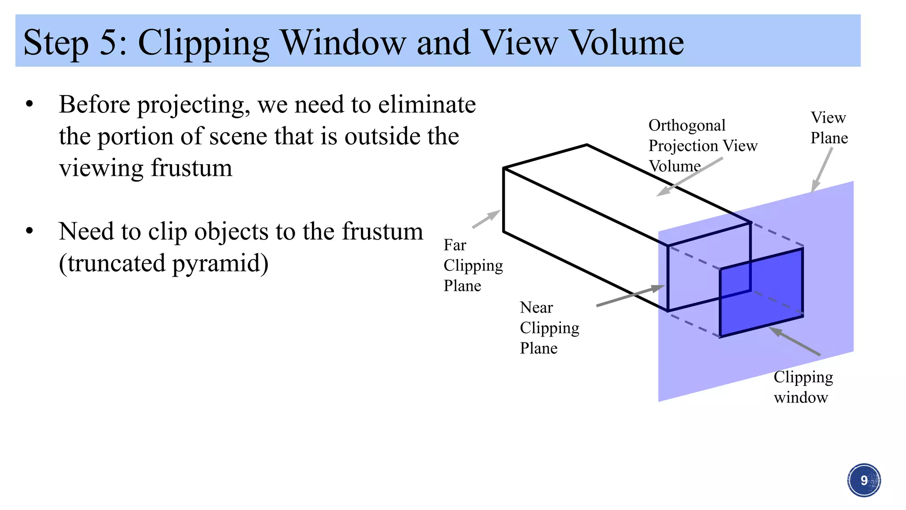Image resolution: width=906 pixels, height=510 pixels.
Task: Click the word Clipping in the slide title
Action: (x=203, y=43)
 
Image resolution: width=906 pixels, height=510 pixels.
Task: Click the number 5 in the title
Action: (x=108, y=42)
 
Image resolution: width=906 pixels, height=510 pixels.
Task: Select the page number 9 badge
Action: (x=864, y=480)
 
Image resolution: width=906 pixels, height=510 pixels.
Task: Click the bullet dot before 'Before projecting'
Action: (x=30, y=105)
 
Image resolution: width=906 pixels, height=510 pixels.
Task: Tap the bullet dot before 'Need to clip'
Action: (x=30, y=232)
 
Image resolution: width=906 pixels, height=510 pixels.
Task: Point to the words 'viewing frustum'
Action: (x=146, y=168)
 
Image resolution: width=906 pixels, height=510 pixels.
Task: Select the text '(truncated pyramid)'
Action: (x=163, y=263)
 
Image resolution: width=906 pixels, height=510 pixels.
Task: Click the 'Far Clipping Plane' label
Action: (x=472, y=265)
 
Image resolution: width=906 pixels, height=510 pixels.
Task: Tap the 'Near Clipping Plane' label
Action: (x=549, y=328)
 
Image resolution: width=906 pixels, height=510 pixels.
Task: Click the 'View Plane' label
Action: (x=829, y=128)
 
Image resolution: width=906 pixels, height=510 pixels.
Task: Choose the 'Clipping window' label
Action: (x=803, y=387)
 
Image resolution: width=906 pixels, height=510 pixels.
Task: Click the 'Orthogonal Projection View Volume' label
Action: (x=702, y=146)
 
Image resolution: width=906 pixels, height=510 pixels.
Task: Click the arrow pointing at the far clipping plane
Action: (x=486, y=219)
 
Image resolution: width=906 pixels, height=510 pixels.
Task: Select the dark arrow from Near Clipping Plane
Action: (x=630, y=296)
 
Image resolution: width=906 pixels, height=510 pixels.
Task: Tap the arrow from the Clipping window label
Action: (x=795, y=341)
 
